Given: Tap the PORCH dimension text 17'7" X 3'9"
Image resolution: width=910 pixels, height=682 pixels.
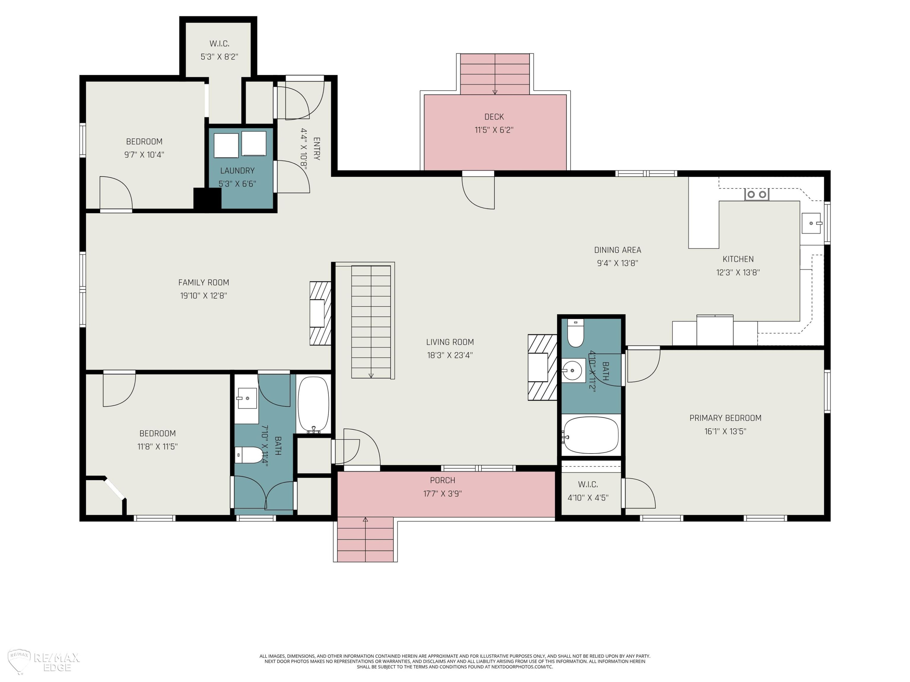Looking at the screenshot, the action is [442, 493].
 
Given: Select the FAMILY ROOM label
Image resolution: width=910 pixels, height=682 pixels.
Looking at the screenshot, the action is [204, 282].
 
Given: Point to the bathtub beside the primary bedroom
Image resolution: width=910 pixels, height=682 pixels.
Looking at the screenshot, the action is [591, 435].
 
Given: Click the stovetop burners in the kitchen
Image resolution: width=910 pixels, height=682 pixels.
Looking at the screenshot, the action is [757, 194].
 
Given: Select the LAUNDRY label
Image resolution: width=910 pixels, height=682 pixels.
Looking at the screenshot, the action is [238, 171].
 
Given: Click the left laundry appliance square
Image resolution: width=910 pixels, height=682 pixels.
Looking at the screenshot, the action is [226, 145].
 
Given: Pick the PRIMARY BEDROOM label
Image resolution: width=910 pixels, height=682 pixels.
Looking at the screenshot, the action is [725, 418].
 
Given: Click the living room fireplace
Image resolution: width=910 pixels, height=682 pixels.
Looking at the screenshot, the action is [543, 367].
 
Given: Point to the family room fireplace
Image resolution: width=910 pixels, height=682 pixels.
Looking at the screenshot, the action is [321, 313].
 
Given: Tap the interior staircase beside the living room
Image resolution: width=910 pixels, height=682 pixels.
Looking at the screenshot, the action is [371, 322].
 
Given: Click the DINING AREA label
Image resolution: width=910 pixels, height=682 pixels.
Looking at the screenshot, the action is [618, 250].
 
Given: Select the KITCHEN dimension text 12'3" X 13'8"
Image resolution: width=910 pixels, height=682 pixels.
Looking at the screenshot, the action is [738, 272].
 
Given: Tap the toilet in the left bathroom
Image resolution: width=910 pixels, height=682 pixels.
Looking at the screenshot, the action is [249, 455].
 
